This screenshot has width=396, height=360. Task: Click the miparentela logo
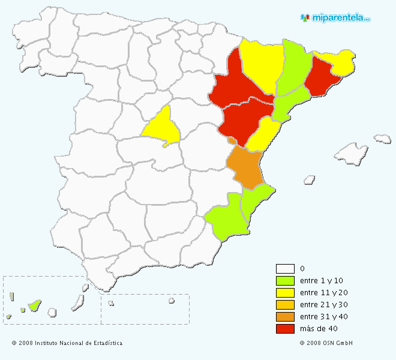(335, 18)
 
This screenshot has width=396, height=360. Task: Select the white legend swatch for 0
(285, 269)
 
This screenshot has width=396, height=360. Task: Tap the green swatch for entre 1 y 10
(285, 281)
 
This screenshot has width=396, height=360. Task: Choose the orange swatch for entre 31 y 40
(285, 317)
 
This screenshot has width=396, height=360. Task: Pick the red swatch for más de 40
(285, 329)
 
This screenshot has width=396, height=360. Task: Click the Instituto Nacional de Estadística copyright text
(67, 343)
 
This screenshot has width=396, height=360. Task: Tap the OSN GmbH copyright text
(326, 343)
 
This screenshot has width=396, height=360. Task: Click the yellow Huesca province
(261, 63)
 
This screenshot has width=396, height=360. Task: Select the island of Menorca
(382, 139)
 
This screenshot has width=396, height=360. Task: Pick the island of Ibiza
(310, 179)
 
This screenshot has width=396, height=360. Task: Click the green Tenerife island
(34, 305)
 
